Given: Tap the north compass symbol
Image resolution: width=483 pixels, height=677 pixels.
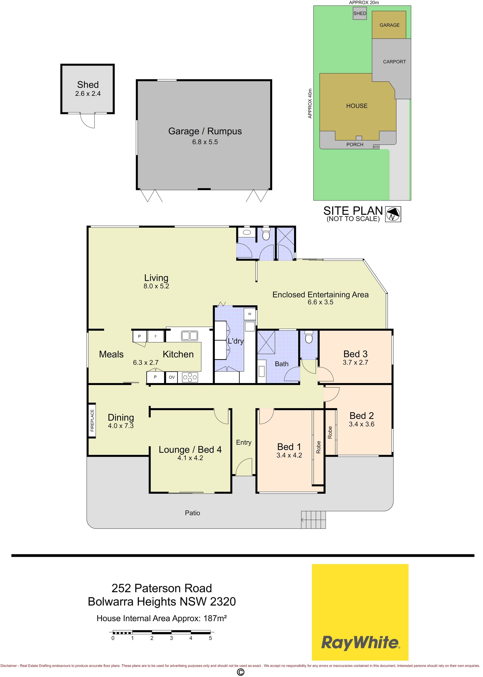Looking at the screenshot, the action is (x=393, y=214).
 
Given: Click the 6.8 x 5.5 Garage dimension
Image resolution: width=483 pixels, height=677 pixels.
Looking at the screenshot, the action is (x=205, y=142).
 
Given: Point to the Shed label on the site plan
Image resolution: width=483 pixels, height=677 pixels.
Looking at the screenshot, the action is (x=359, y=13).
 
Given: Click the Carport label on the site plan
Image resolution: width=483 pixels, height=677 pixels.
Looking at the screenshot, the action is (x=394, y=62).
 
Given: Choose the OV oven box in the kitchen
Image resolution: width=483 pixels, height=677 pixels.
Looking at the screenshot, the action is (x=172, y=377).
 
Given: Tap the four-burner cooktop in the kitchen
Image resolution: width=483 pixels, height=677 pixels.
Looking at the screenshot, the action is (x=190, y=377).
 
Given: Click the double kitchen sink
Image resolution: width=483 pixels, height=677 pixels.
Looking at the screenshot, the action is (x=189, y=336).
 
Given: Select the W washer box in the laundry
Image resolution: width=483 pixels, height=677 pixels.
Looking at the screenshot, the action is (x=250, y=314).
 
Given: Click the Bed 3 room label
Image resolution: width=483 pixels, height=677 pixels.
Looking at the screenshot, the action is (x=355, y=354).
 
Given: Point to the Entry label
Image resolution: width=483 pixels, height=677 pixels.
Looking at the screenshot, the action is (x=244, y=442).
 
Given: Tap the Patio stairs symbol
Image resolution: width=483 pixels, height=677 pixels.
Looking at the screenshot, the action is (x=313, y=520).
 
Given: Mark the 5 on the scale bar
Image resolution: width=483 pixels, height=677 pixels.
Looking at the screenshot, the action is (x=210, y=638).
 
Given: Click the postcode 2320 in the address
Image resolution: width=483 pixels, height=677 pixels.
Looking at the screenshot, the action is (x=223, y=602).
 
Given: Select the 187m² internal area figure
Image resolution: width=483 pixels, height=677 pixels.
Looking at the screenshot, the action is (x=215, y=618).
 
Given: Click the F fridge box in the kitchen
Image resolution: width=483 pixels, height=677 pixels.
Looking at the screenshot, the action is (x=155, y=336).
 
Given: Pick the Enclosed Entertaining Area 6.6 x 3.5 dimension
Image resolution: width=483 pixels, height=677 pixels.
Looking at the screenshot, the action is (x=320, y=302).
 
